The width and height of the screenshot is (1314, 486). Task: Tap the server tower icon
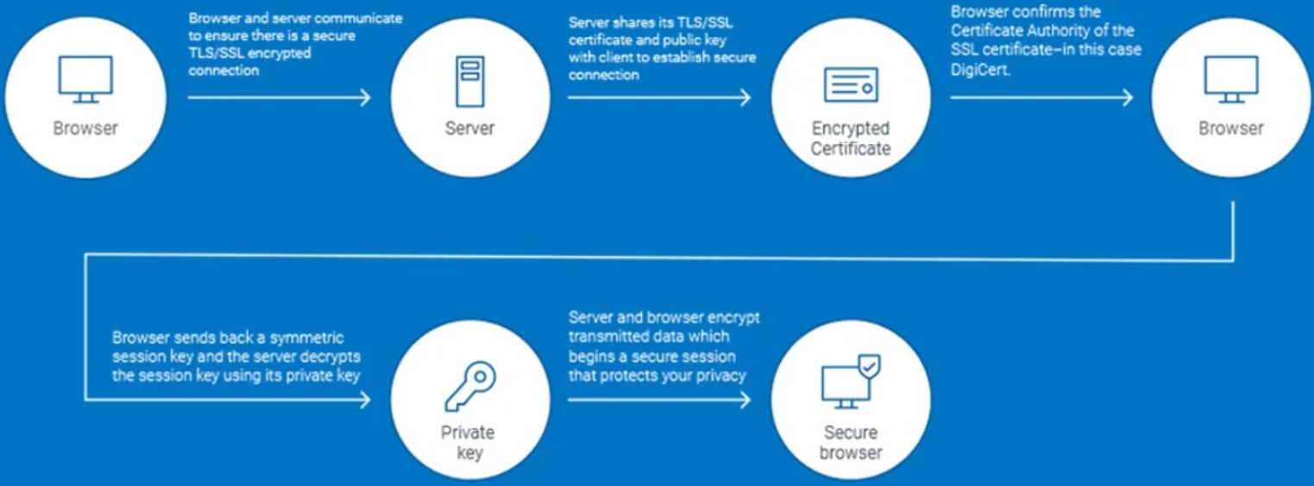(470, 81)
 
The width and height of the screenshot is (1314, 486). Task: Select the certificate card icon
(851, 85)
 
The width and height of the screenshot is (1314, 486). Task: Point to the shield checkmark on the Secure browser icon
(871, 366)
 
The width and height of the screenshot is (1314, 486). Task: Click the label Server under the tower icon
(470, 129)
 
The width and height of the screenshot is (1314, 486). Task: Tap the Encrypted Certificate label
(851, 138)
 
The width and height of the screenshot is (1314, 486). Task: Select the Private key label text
(469, 443)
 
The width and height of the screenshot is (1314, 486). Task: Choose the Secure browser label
(851, 443)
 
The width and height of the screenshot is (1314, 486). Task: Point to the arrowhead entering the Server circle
(366, 98)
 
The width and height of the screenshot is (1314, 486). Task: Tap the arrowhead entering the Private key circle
(366, 399)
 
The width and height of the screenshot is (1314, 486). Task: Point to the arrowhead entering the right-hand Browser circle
(1128, 98)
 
